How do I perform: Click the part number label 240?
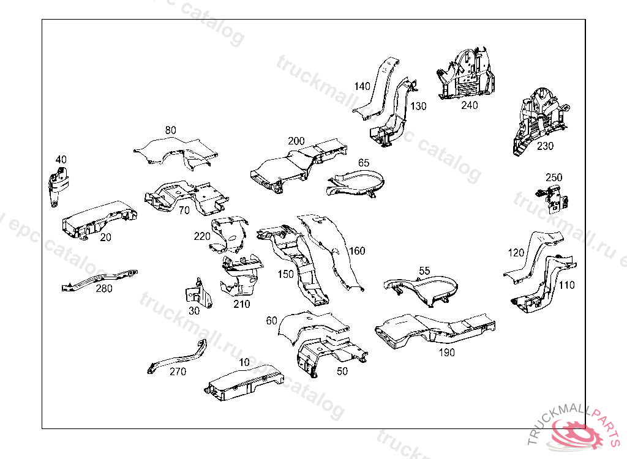[x=470, y=105]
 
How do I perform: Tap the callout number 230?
[x=545, y=146]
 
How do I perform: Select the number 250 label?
[x=554, y=177]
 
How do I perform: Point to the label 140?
[x=362, y=86]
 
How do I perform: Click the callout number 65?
[x=364, y=163]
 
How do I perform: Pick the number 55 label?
[x=424, y=271]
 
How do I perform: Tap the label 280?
[x=104, y=288]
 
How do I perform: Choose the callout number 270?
[x=178, y=371]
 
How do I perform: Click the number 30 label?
[x=194, y=310]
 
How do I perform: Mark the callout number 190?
[x=447, y=353]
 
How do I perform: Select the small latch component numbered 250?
[x=554, y=196]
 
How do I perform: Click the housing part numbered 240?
[x=468, y=73]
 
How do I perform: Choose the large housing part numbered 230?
[x=539, y=119]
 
